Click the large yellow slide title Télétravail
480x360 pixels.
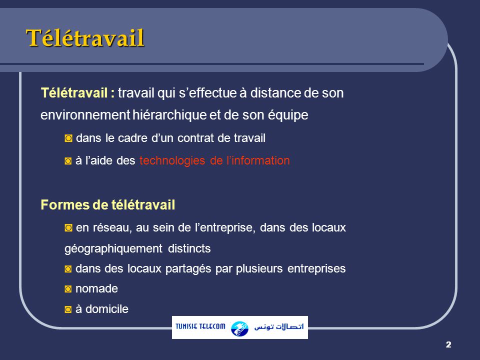click(85, 38)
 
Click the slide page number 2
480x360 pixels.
click(448, 344)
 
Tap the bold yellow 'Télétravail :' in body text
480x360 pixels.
click(78, 93)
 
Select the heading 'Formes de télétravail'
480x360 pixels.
click(107, 205)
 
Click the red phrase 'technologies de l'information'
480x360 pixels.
click(214, 161)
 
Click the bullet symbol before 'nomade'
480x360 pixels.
click(68, 289)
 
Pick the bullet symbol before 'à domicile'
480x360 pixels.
click(68, 309)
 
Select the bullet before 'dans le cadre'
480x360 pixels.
click(68, 139)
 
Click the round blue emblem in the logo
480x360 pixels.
click(239, 328)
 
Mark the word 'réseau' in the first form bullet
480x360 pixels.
click(112, 228)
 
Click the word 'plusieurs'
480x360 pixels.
click(261, 269)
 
